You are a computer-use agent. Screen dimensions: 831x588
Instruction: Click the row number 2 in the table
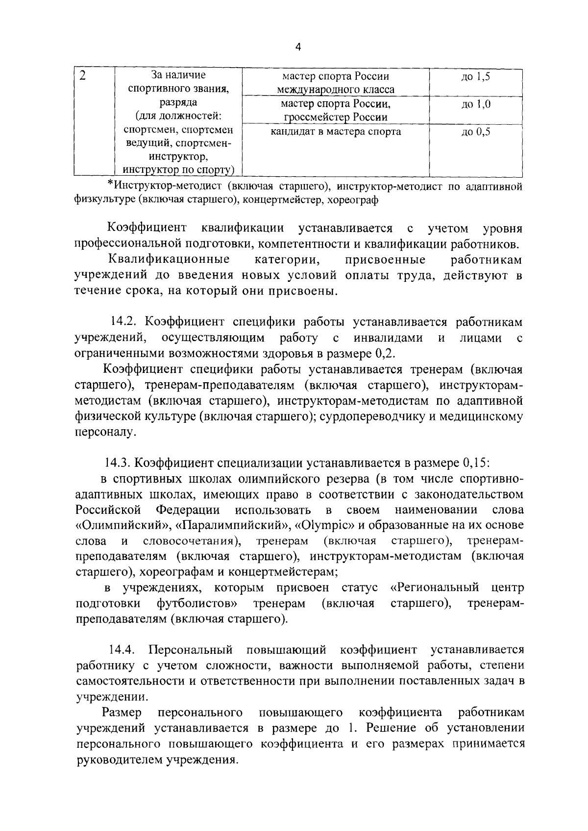pos(83,76)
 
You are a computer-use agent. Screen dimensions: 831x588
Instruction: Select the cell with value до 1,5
pos(475,77)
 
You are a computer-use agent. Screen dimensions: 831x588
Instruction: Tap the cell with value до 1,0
pos(475,104)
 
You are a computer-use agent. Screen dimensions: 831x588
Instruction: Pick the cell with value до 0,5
pos(475,132)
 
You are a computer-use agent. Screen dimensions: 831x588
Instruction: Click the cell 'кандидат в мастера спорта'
pos(336,132)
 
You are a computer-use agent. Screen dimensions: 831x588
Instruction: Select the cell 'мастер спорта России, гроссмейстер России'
pos(336,111)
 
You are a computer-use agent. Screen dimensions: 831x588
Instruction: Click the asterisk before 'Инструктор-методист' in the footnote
pos(110,186)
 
